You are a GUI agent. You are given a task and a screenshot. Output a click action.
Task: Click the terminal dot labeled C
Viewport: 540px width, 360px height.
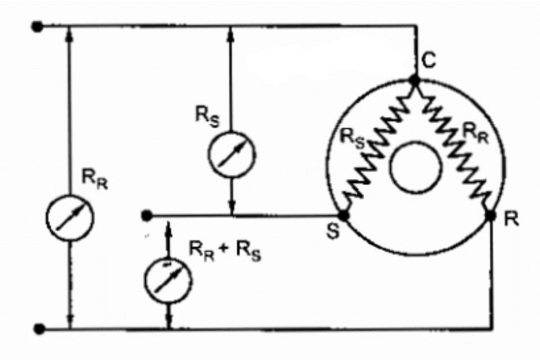coord(414,81)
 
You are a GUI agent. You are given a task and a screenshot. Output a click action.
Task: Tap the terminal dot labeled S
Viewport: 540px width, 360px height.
coord(344,215)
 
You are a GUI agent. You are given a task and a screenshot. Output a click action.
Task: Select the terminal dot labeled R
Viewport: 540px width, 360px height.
coord(490,215)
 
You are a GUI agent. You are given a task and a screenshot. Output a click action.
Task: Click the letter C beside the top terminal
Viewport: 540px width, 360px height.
coord(429,61)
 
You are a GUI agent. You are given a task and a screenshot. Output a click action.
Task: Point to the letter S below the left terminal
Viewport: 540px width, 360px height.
coord(333,231)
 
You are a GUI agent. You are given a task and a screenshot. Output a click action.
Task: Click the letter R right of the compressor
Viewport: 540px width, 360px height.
coord(511,218)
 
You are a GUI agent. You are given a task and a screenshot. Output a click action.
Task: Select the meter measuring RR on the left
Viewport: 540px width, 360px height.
coord(70,217)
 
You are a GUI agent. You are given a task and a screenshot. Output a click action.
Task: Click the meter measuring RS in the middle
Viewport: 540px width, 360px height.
coord(232,155)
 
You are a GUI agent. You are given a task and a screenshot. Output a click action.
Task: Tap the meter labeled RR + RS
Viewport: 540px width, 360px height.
coord(168,280)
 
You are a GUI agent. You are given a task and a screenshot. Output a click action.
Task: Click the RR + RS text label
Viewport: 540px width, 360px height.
coord(225,251)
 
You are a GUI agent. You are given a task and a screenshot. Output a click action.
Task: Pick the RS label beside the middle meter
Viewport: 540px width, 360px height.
coord(207,116)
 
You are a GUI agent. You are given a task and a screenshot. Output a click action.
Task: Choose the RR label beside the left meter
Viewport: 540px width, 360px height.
coord(94,180)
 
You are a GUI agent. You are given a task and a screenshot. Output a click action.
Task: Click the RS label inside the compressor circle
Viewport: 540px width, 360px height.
coord(352,139)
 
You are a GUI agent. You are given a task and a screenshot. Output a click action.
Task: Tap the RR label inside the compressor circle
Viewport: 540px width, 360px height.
coord(475,133)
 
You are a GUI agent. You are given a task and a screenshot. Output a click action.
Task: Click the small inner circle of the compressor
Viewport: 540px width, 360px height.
coord(415,167)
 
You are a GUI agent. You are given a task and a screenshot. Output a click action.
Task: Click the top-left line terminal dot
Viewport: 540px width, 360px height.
coord(37,26)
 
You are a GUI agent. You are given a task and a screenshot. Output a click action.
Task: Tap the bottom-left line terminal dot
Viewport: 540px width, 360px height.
coord(39,329)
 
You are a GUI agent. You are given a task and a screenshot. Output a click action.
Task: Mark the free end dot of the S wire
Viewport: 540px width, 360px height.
coord(146,215)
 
